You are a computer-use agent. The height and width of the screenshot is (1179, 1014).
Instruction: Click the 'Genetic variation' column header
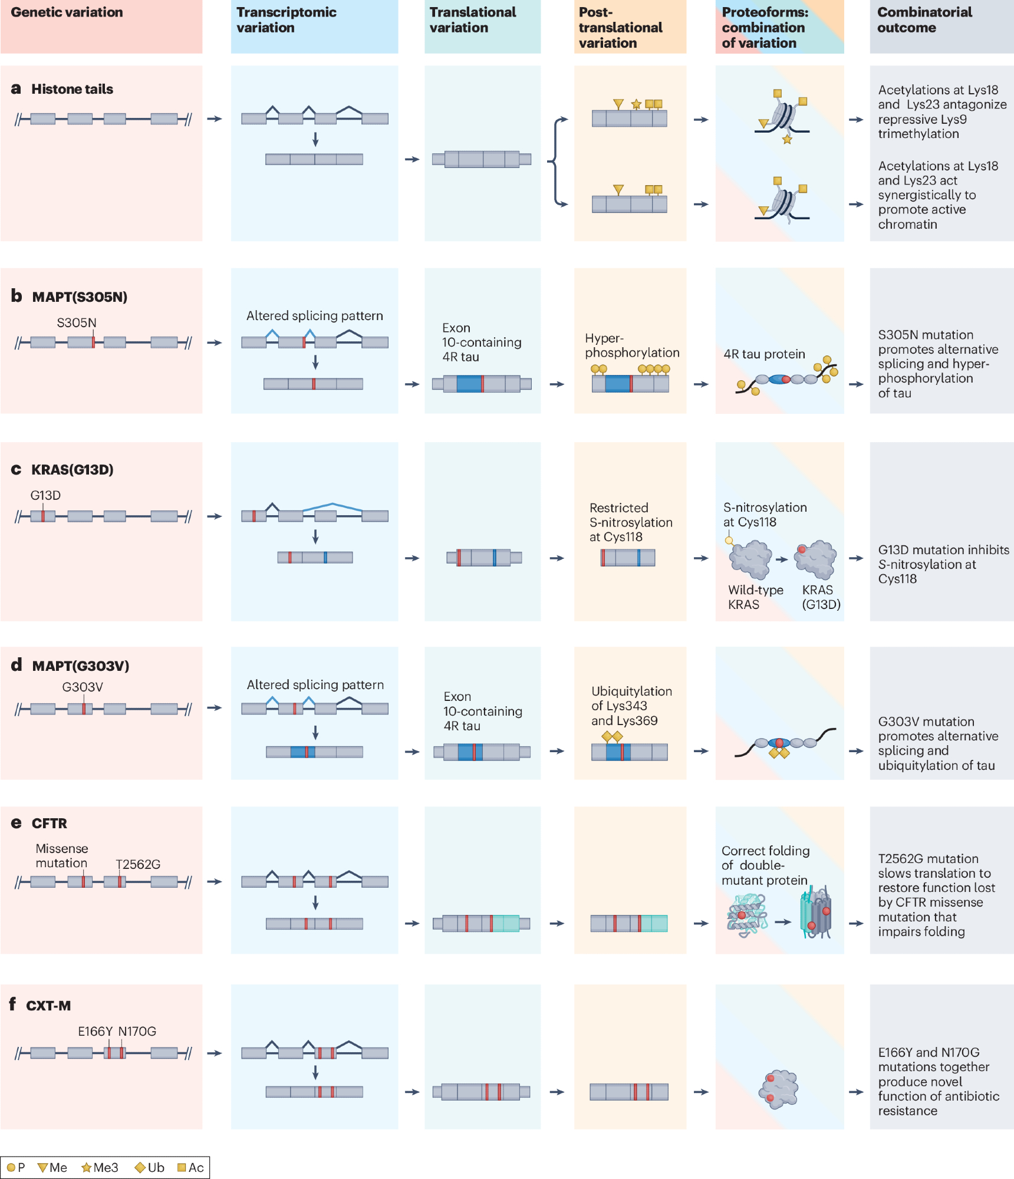tap(67, 12)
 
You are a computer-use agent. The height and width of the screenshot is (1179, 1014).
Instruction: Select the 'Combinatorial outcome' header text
tap(924, 20)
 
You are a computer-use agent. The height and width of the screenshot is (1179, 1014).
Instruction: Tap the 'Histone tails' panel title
tap(72, 89)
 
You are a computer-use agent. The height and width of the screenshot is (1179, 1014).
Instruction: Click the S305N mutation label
tap(77, 322)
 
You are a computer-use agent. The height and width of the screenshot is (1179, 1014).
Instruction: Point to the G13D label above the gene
tap(45, 495)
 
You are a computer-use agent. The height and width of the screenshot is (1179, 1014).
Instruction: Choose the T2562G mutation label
tap(138, 864)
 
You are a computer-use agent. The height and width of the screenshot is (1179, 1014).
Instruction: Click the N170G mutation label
tap(137, 1031)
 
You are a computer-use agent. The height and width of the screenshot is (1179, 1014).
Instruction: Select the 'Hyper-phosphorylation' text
tap(631, 345)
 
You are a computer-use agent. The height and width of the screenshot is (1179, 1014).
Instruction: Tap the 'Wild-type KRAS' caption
tap(755, 597)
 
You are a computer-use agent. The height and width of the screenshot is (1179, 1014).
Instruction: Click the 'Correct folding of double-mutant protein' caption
tap(765, 865)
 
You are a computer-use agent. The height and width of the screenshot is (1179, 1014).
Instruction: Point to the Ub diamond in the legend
tap(140, 1168)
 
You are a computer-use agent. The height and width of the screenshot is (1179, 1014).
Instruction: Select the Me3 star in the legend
tap(87, 1168)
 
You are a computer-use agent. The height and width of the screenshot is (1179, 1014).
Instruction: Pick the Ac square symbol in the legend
tap(182, 1168)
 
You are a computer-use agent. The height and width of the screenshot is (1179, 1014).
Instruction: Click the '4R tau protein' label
tap(764, 354)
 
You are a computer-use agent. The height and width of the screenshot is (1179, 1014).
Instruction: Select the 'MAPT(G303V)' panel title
tap(80, 666)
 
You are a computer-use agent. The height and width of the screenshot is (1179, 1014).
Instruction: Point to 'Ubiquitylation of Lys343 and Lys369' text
tap(631, 706)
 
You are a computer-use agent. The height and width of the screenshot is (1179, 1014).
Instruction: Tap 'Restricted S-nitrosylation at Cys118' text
tap(631, 522)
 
